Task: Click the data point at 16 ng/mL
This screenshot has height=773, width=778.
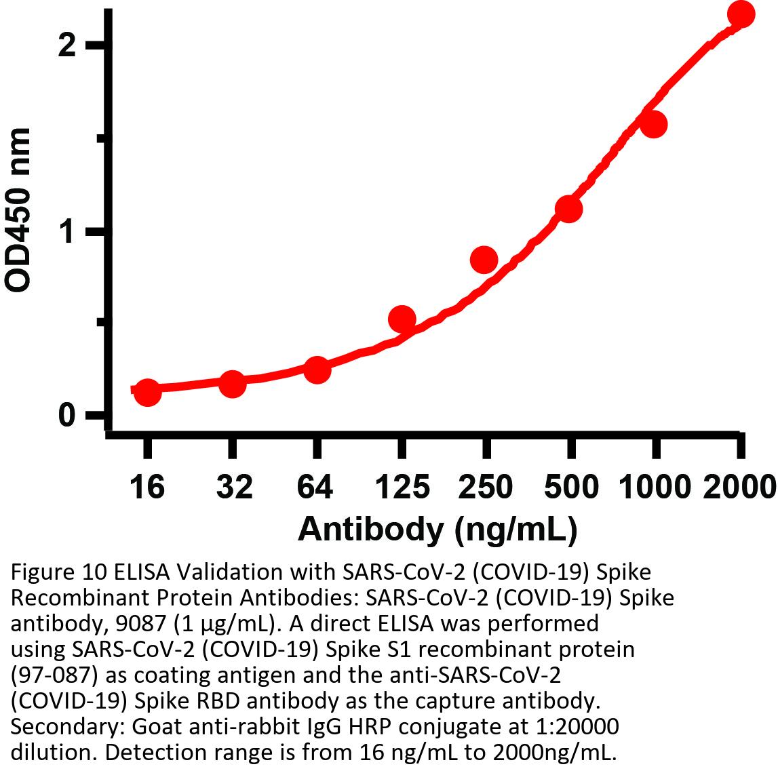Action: tap(147, 391)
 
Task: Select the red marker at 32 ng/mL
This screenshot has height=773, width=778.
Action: tap(232, 384)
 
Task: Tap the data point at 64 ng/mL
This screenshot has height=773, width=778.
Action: tap(317, 370)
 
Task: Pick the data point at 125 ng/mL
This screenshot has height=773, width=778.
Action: tap(402, 319)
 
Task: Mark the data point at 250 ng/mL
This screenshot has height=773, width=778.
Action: tap(484, 258)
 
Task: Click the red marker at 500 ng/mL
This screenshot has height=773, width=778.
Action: tap(568, 209)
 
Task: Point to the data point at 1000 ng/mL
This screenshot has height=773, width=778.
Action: tap(653, 124)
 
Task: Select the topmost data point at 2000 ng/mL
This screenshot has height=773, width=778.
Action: tap(740, 14)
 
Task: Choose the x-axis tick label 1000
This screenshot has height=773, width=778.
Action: tap(655, 487)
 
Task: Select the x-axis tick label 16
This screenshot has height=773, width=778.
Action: tap(147, 487)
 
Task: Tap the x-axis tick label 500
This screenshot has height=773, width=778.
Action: tap(570, 487)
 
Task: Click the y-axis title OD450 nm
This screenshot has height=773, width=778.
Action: tap(19, 210)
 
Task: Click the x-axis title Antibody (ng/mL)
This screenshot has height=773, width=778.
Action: tap(437, 529)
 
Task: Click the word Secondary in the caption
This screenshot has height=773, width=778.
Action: tap(58, 727)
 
